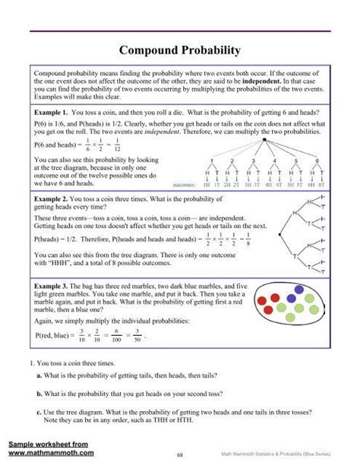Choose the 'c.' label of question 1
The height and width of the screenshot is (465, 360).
pyautogui.click(x=39, y=412)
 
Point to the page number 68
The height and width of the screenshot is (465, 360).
pyautogui.click(x=179, y=457)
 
